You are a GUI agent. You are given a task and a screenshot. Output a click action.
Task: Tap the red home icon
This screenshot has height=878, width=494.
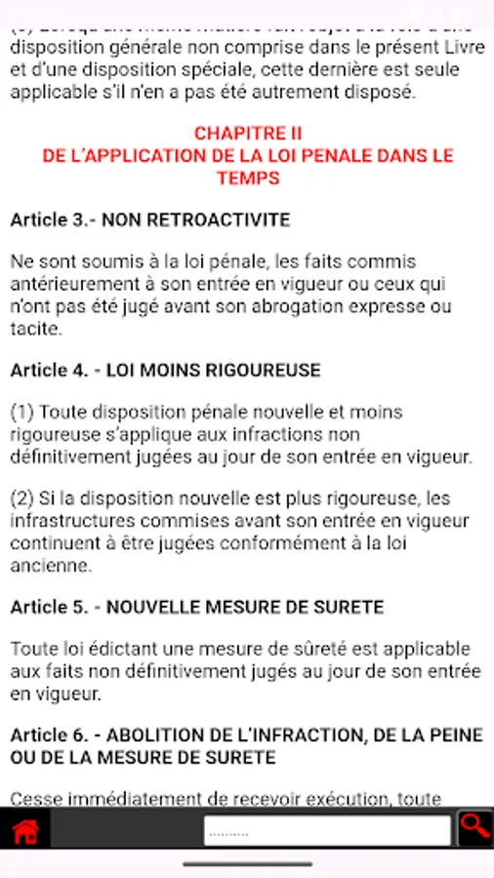click(x=25, y=831)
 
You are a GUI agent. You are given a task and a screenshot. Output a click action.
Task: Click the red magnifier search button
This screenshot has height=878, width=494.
click(x=474, y=828)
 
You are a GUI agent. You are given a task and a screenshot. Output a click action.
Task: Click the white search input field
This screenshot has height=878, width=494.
click(x=327, y=831)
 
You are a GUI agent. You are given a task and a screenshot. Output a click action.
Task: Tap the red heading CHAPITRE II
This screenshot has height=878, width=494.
click(x=248, y=134)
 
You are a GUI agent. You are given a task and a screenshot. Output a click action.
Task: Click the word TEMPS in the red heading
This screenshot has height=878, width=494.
click(x=248, y=179)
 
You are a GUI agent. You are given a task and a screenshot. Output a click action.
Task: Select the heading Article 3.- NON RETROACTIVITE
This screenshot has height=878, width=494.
click(x=150, y=220)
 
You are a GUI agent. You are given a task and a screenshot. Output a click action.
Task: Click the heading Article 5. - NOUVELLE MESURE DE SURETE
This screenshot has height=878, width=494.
click(x=197, y=607)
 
